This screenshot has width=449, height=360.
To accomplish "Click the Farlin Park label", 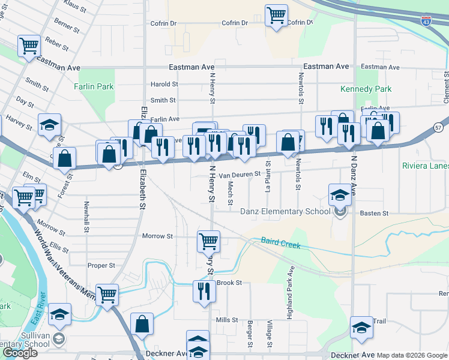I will (x=94, y=86).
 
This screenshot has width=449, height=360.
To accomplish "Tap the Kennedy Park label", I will (x=366, y=89).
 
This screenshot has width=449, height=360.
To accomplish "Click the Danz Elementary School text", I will (x=285, y=211).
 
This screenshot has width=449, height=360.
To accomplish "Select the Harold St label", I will (x=164, y=85).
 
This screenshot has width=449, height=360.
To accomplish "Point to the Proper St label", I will (x=101, y=265).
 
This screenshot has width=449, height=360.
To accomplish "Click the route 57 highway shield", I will (x=439, y=127).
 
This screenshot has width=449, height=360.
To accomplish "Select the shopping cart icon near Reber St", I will (x=29, y=45).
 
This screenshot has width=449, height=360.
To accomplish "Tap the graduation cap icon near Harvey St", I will (x=49, y=124).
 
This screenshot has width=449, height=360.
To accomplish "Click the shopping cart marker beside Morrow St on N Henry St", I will (x=208, y=241).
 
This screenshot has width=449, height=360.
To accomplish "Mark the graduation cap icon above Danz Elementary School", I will (x=339, y=194).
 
